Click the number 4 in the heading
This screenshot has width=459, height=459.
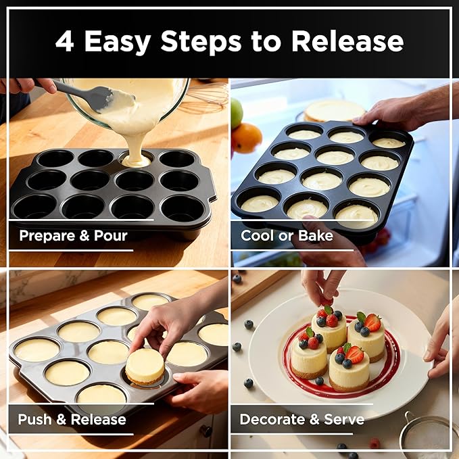point(64,41)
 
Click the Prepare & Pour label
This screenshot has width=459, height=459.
point(73,236)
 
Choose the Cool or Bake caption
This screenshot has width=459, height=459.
point(287,236)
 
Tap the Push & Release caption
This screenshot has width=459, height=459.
point(72,419)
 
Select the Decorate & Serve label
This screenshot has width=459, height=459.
point(301,419)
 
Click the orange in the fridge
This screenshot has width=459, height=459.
point(247,138)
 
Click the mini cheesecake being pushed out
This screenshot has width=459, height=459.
point(145,366)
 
